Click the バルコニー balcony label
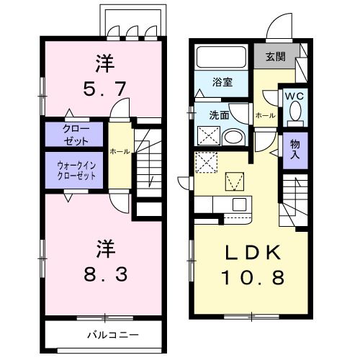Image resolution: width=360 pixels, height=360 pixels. [x=113, y=336]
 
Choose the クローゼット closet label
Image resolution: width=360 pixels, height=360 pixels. [x=71, y=135]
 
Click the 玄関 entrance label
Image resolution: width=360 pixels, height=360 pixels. [x=274, y=56]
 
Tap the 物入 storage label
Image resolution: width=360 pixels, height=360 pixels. [x=294, y=150]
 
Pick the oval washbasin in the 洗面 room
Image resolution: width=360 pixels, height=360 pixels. [x=233, y=137]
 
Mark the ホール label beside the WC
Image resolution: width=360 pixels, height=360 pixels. [x=264, y=115]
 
